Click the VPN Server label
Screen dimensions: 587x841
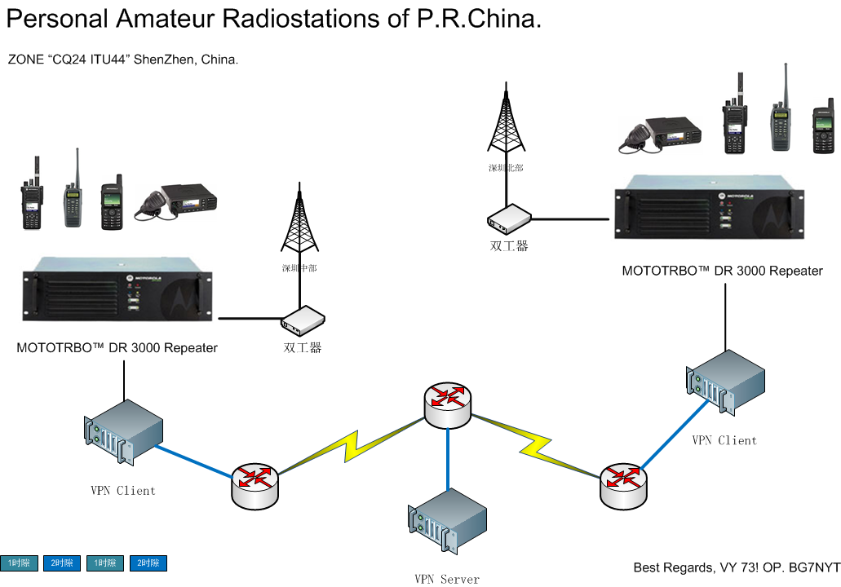point(446,580)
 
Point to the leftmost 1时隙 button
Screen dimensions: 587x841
point(19,563)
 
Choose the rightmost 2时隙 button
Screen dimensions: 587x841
point(148,563)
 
